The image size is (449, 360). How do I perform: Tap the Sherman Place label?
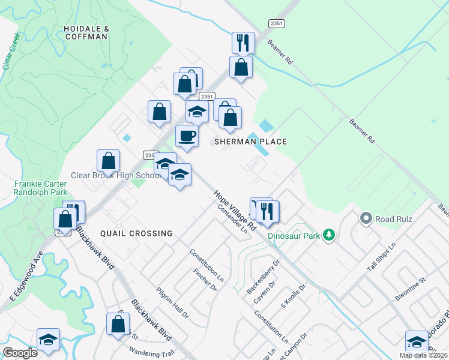[251, 142]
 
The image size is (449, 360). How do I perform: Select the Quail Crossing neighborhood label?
[136, 233]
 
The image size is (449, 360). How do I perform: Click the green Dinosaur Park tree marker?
[328, 235]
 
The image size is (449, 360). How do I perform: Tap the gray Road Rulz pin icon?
[366, 218]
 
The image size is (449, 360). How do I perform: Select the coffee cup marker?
[187, 136]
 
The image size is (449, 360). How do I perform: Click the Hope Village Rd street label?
[234, 208]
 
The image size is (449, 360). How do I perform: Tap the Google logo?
[20, 352]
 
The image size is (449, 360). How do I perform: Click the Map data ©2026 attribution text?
[424, 355]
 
